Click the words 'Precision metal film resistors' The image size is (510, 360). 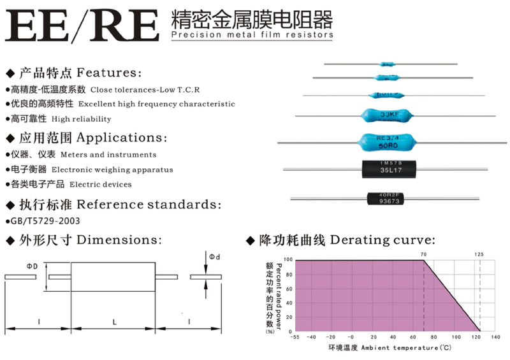pos(253,35)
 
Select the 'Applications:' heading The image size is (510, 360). pos(122,138)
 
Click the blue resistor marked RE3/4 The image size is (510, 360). pos(390,141)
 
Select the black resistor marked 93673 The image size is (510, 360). pos(388,199)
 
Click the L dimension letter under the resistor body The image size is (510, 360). pos(114,322)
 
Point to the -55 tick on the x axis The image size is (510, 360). pos(295,337)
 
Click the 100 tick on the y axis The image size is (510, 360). pos(288,260)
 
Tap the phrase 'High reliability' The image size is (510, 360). pos(82,119)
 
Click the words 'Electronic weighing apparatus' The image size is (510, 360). pos(112,169)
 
